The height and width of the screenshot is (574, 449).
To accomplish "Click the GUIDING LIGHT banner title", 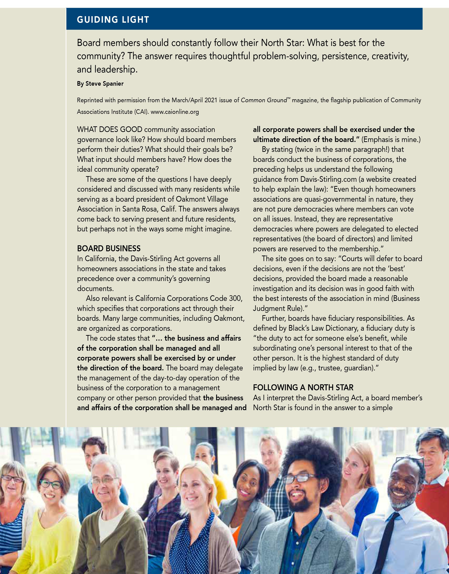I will pos(113,20).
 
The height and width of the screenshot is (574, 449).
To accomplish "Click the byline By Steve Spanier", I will pos(100,84).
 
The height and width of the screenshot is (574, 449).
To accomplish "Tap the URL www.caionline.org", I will pos(175,112).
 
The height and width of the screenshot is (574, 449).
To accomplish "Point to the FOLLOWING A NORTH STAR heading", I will pos(303,387).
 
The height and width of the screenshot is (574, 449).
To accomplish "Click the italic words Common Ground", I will pos(264,100).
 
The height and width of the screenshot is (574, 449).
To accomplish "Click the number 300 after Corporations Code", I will pos(236,299).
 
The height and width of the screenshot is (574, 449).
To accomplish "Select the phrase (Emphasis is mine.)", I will pos(391,139).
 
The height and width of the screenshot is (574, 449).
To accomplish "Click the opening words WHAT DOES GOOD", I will pos(109,129).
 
